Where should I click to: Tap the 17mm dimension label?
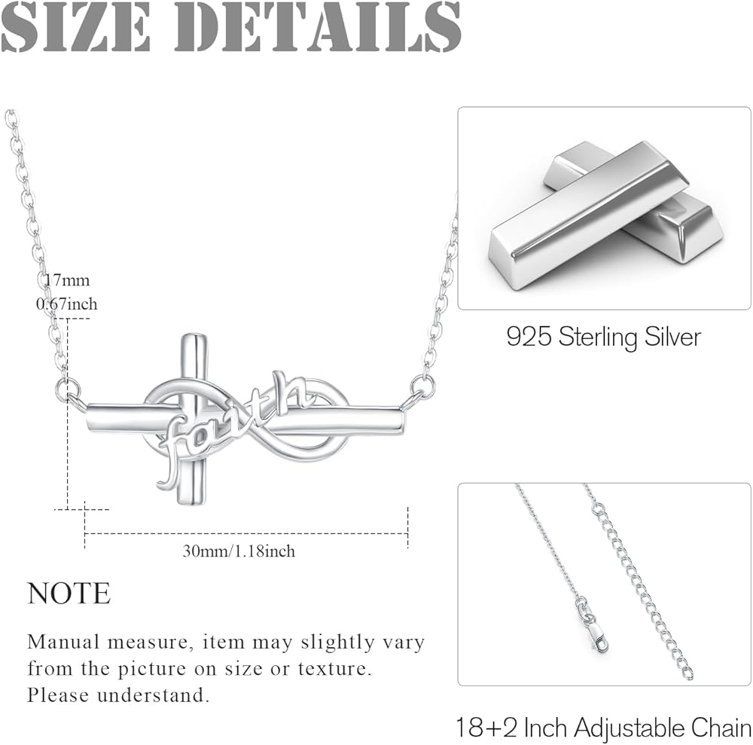coord(66,281)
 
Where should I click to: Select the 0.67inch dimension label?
coord(66,304)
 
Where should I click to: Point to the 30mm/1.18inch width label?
coord(239,551)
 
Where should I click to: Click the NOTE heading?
coord(69,594)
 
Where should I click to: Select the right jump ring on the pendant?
coord(423,386)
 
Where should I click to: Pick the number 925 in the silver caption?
coord(529,336)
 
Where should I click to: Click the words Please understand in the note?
coord(118,695)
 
